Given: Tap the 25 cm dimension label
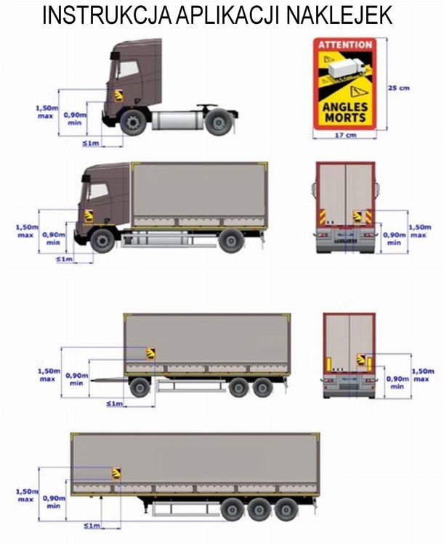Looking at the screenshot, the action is tap(399, 88).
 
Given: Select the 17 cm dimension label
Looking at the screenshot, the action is tap(345, 135).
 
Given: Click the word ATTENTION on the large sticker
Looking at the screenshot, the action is tap(345, 45).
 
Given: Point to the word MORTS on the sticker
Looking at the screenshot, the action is tap(345, 118).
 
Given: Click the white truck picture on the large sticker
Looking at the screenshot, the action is tap(347, 68).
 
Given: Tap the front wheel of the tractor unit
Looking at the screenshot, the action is tap(133, 123).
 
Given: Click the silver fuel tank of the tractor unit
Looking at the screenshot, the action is tap(177, 120).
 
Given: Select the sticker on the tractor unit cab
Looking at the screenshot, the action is tap(118, 96).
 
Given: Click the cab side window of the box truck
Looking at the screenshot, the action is tap(97, 191).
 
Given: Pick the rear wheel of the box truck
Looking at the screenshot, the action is tap(231, 240).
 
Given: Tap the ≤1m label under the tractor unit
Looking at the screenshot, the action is tap(91, 143).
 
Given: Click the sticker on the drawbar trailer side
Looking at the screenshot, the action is tap(150, 353).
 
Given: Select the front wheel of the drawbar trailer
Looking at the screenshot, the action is tap(140, 387).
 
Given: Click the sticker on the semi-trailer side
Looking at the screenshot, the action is tap(116, 474).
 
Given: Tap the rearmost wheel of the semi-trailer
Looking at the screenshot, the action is tap(286, 509).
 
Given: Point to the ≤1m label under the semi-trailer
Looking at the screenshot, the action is tap(92, 526).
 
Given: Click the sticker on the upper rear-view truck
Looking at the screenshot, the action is tap(357, 216).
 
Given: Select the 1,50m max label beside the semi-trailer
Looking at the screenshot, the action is tap(27, 495).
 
